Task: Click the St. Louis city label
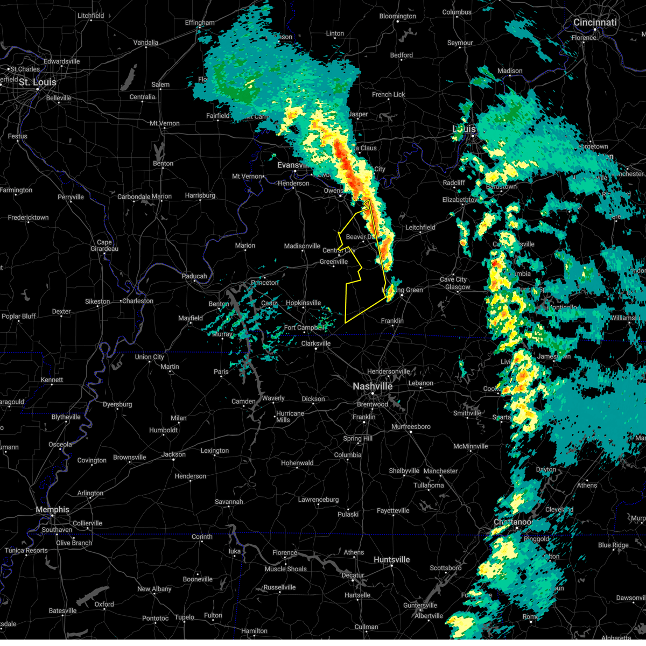pos(37,82)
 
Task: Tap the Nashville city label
pos(373,387)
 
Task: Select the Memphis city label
pos(52,510)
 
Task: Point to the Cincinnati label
pos(595,23)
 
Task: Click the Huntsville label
pos(392,560)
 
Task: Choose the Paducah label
pos(194,276)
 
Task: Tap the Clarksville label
pos(316,343)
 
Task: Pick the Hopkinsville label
pos(304,303)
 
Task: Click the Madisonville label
pos(302,246)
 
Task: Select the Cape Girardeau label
pos(104,245)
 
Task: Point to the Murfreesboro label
pos(411,427)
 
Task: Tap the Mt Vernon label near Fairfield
pos(165,123)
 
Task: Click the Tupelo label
pos(184,617)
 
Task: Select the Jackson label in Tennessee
pos(173,454)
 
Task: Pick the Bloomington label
pos(397,16)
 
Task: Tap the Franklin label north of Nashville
pos(392,321)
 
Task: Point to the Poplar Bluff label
pos(19,316)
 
